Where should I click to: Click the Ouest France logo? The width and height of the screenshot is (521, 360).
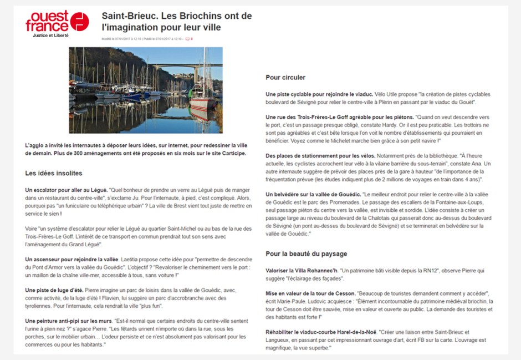[x=57, y=21]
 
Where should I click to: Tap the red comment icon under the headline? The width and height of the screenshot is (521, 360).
[x=188, y=39]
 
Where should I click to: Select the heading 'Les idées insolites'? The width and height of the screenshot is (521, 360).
[x=54, y=174]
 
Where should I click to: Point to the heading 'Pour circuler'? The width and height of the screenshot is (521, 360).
[x=285, y=78]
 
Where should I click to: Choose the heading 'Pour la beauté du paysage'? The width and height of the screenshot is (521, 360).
[x=306, y=254]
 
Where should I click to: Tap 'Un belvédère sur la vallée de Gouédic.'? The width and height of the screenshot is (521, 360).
[x=313, y=195]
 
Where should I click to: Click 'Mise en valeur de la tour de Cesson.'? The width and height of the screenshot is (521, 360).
[x=310, y=293]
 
